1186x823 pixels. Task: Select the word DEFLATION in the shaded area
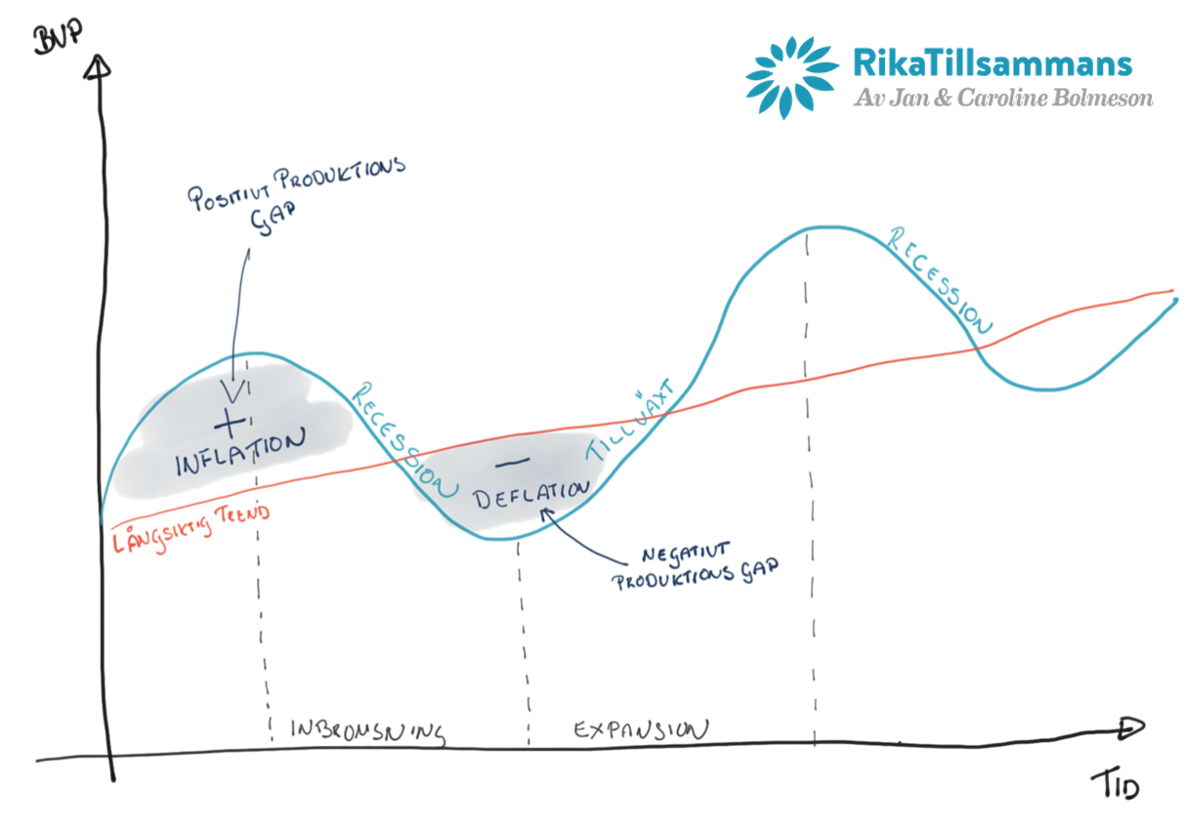(532, 491)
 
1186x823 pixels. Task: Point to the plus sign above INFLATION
(231, 423)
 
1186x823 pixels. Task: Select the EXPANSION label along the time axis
(640, 729)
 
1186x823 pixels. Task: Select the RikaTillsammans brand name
(992, 63)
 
